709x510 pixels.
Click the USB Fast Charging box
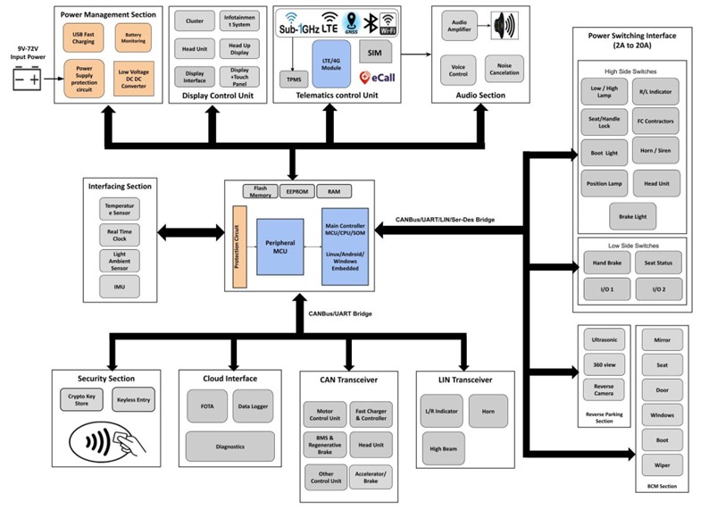82,38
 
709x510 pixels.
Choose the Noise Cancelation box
505,68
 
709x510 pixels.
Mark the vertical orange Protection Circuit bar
238,247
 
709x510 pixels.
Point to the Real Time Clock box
119,235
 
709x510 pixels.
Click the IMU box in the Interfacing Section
119,286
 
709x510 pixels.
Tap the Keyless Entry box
132,400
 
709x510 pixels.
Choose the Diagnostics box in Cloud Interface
229,445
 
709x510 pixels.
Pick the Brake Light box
631,215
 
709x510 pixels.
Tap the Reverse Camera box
604,390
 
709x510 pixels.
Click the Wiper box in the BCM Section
663,464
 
